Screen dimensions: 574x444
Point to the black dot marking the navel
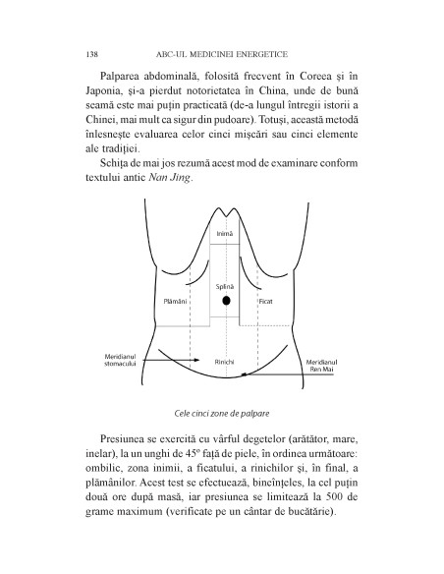pos(226,301)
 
